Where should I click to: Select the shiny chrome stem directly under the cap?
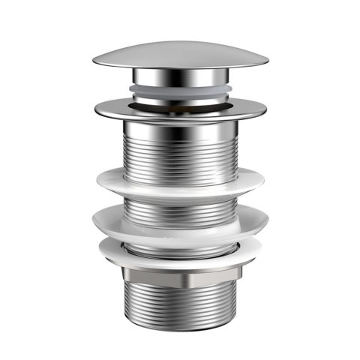(x=180, y=76)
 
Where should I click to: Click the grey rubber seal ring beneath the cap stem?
(x=180, y=91)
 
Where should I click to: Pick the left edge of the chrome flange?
(x=97, y=108)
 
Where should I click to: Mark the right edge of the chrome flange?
(x=263, y=108)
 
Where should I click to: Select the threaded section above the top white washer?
(x=180, y=154)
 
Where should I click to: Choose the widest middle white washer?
(x=180, y=225)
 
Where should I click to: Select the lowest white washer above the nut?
(x=180, y=259)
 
